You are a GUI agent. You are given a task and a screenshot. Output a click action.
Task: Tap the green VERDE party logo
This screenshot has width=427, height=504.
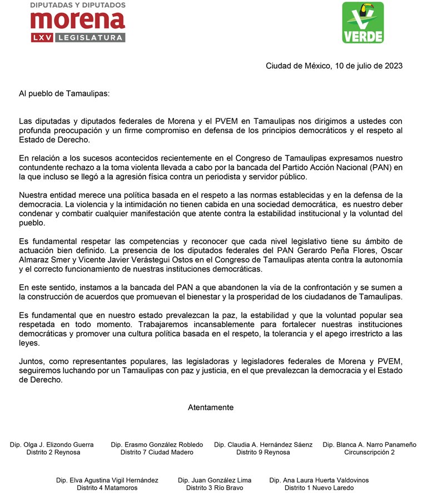(363, 22)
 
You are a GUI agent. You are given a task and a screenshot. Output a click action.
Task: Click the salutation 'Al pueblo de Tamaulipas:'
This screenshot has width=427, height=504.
(64, 93)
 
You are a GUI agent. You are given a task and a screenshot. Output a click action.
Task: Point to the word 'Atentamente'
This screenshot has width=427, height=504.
(211, 407)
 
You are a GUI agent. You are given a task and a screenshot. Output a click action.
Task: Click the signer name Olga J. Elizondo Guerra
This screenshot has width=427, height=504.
(52, 445)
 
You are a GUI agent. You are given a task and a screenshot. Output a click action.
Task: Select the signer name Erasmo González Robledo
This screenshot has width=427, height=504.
(157, 445)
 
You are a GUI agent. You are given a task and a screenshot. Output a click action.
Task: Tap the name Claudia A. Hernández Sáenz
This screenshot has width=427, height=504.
(263, 445)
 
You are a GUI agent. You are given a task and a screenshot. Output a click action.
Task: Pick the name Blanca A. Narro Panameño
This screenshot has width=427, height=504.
(369, 445)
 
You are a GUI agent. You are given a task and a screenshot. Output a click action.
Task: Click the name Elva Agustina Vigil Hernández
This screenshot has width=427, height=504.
(107, 480)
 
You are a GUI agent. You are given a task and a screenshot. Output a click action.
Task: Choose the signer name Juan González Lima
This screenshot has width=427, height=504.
(215, 480)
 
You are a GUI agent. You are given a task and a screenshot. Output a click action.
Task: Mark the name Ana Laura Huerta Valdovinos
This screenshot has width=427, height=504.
(319, 480)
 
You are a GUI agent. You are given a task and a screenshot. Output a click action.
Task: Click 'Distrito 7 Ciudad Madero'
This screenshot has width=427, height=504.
(157, 452)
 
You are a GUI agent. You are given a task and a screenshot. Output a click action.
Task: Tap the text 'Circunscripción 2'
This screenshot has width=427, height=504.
(369, 452)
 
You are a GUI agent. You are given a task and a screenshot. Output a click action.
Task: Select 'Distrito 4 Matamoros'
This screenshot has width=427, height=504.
(107, 488)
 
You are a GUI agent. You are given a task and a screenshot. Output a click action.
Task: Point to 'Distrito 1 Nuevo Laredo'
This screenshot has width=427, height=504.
(319, 488)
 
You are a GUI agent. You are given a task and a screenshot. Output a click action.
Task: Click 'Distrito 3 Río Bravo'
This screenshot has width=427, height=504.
(215, 488)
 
